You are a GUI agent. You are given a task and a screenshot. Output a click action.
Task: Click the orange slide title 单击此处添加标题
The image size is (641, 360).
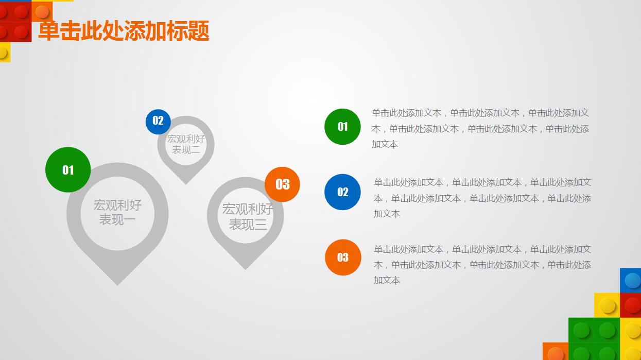click(124, 31)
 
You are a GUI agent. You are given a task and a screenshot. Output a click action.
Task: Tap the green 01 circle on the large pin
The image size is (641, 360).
click(68, 170)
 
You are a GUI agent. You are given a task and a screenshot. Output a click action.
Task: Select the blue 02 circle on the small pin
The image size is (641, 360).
click(158, 122)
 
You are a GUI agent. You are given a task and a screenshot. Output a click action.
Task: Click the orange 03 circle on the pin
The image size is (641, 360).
click(282, 184)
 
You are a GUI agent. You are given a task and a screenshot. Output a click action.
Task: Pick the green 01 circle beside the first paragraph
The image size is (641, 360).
click(342, 127)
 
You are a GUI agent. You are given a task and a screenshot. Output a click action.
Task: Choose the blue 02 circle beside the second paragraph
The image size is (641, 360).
click(342, 192)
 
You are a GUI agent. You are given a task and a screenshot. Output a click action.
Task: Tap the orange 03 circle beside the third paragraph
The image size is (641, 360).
click(343, 258)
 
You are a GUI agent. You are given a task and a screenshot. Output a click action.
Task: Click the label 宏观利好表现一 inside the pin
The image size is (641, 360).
click(117, 212)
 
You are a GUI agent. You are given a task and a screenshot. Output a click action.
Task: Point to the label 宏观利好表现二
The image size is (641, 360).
click(186, 144)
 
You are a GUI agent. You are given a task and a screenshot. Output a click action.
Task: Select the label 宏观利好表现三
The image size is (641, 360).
click(247, 216)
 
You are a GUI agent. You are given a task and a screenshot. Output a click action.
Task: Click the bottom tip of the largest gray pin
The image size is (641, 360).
click(117, 282)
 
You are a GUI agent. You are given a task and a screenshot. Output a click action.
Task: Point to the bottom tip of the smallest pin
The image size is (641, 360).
click(186, 182)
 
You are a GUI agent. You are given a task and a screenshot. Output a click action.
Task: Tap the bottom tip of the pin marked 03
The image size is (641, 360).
click(246, 267)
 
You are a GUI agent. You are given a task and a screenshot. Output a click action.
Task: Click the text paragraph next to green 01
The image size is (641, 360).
click(480, 128)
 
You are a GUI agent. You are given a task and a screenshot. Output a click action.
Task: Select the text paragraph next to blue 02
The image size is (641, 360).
click(482, 198)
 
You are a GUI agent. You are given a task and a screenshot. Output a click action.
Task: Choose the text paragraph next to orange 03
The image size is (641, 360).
click(482, 265)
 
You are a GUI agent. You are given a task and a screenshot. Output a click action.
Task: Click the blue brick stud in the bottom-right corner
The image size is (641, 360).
click(632, 281)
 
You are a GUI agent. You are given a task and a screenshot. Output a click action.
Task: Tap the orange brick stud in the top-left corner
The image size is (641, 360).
click(42, 11)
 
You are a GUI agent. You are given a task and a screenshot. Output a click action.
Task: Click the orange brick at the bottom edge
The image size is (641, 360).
click(555, 352)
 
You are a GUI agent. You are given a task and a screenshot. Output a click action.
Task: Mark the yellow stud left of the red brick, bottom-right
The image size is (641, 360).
click(608, 306)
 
